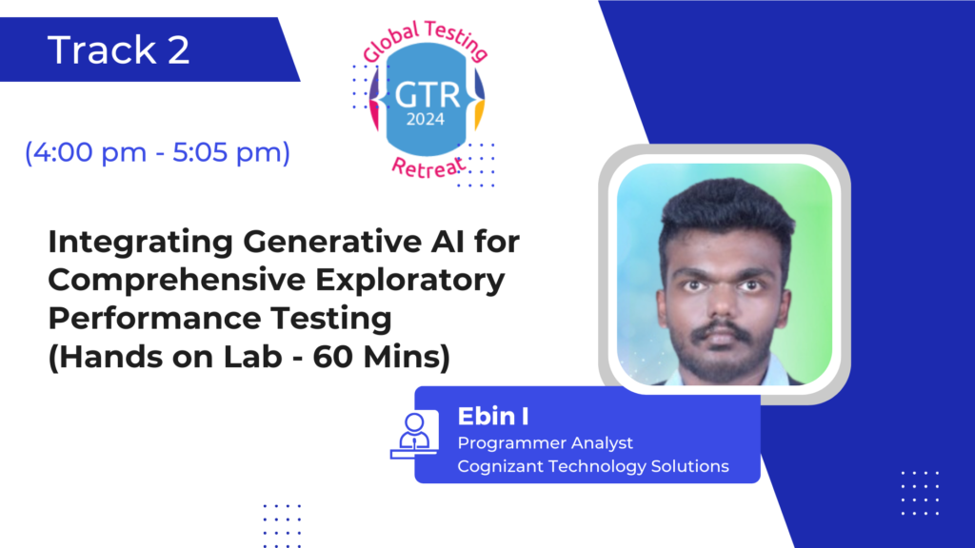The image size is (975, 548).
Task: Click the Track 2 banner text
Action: (x=118, y=49)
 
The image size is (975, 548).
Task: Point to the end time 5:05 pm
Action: (x=227, y=152)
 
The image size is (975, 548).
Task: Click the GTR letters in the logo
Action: (x=428, y=95)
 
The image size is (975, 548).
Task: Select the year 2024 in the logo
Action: (x=426, y=119)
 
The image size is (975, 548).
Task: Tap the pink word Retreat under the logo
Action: (x=428, y=167)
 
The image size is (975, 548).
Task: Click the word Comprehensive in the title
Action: (x=176, y=281)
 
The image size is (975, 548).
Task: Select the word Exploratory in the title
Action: (x=409, y=281)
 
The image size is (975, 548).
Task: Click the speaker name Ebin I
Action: (x=493, y=417)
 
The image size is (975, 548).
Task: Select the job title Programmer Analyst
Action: (x=546, y=443)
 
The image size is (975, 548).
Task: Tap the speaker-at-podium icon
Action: (x=414, y=434)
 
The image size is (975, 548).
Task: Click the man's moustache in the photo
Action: (x=722, y=330)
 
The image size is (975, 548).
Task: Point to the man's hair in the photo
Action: (x=726, y=210)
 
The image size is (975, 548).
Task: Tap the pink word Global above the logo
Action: (x=391, y=44)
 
